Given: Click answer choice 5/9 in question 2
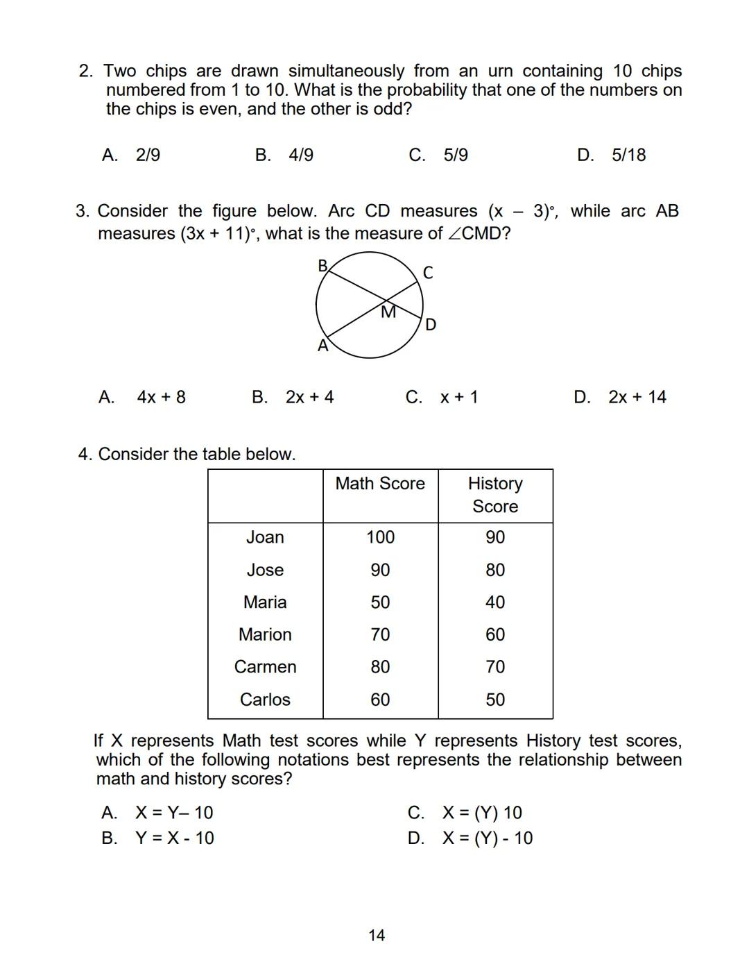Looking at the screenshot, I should [455, 155].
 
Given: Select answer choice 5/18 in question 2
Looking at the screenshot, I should [628, 155].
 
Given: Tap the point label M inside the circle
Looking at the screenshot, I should [389, 312].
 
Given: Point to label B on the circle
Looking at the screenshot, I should [322, 266].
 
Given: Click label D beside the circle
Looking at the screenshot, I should [431, 325].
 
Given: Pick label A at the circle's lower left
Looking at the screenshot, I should [322, 346].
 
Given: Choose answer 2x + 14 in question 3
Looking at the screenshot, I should [637, 397].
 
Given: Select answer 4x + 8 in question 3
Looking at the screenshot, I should [161, 397].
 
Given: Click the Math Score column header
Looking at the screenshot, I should [380, 484].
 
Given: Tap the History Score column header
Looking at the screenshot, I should [495, 495].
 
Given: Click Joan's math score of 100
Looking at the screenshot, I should [380, 537].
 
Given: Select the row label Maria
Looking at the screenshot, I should [265, 602].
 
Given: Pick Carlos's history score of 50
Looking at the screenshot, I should [495, 700].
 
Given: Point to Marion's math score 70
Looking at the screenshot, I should [380, 634].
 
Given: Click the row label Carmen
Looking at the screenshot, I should [265, 667].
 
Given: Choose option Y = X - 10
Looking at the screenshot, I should [174, 838].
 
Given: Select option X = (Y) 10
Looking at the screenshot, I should [482, 813].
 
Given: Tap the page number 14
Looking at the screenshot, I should [377, 936].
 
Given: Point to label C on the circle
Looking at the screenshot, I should [428, 273].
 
